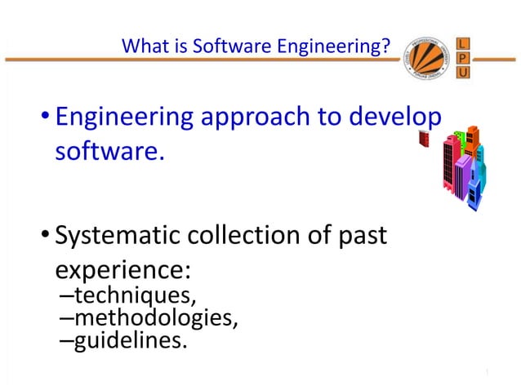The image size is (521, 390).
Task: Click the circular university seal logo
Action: point(427,60)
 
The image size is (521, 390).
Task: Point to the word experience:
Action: point(122,270)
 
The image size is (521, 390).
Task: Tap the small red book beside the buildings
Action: point(423,139)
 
